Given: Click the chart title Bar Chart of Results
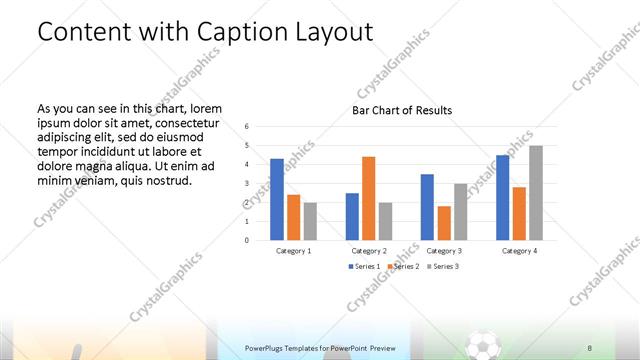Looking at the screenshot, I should [x=401, y=110].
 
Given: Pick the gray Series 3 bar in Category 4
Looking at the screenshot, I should [x=536, y=193].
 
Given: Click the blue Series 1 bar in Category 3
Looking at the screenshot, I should [x=428, y=207].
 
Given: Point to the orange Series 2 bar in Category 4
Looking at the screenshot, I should [x=520, y=213].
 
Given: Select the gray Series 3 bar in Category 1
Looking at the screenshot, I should [x=309, y=221].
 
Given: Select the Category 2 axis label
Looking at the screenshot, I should [x=368, y=251].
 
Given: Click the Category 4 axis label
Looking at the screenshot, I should [x=520, y=251].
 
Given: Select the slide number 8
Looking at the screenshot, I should [x=589, y=346].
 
